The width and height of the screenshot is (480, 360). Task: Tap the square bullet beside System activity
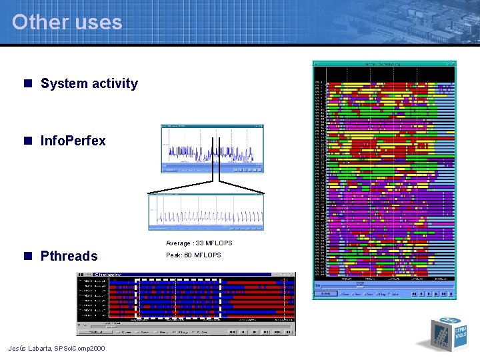[x=28, y=84]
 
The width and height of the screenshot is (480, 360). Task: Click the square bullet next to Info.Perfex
[x=28, y=141]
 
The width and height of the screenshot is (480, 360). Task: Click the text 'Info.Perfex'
[x=73, y=141]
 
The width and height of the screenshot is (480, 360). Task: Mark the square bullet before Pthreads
[x=28, y=256]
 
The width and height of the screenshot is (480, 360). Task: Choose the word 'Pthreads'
[x=69, y=256]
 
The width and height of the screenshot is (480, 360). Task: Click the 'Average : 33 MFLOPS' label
[x=199, y=243]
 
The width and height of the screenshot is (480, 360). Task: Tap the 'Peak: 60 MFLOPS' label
[x=193, y=255]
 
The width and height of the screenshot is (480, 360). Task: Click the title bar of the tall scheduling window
[x=384, y=65]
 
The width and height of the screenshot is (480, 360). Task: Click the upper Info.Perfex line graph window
[x=212, y=149]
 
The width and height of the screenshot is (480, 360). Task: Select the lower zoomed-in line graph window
[x=205, y=212]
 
